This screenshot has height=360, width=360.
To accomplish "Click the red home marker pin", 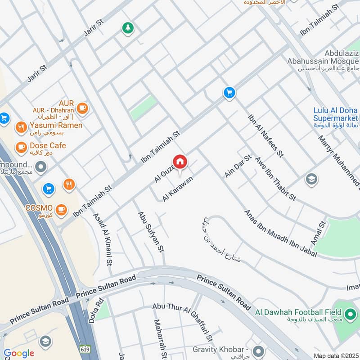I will tap(180, 162).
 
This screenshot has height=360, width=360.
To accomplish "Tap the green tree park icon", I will tap(128, 28).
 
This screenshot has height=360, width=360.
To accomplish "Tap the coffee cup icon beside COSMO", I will tap(61, 209).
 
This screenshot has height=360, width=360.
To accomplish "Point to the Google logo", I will tap(19, 354).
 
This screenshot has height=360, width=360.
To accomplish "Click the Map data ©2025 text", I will tap(336, 355).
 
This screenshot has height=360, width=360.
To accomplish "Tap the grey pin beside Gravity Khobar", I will tap(258, 350).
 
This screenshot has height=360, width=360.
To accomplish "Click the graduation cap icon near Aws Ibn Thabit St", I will tap(311, 179).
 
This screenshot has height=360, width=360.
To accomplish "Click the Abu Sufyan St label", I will tap(150, 231).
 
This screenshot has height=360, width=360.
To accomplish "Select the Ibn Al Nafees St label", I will tap(265, 136).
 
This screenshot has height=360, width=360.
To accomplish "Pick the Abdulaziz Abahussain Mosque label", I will tap(324, 60).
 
